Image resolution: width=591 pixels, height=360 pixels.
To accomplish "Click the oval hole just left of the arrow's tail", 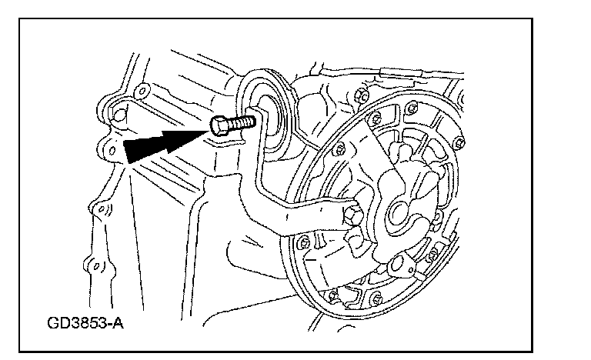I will tap(112, 151).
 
